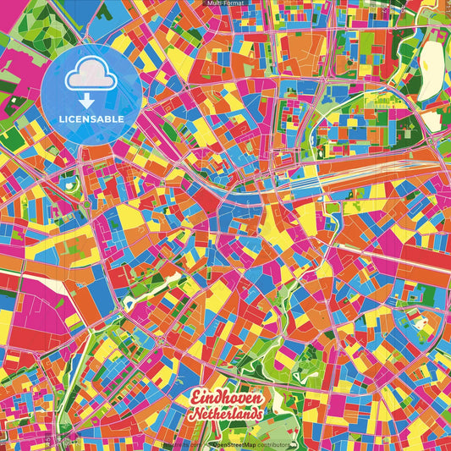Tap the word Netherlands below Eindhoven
point(227,415)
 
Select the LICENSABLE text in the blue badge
point(91,118)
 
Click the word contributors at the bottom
point(272,443)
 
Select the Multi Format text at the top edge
point(225,3)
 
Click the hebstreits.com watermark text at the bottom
point(180,443)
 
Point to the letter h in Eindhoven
point(224,397)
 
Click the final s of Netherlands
point(260,415)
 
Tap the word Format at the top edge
point(234,3)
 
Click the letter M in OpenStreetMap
point(242,443)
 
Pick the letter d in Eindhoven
point(217,397)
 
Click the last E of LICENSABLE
point(122,118)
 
